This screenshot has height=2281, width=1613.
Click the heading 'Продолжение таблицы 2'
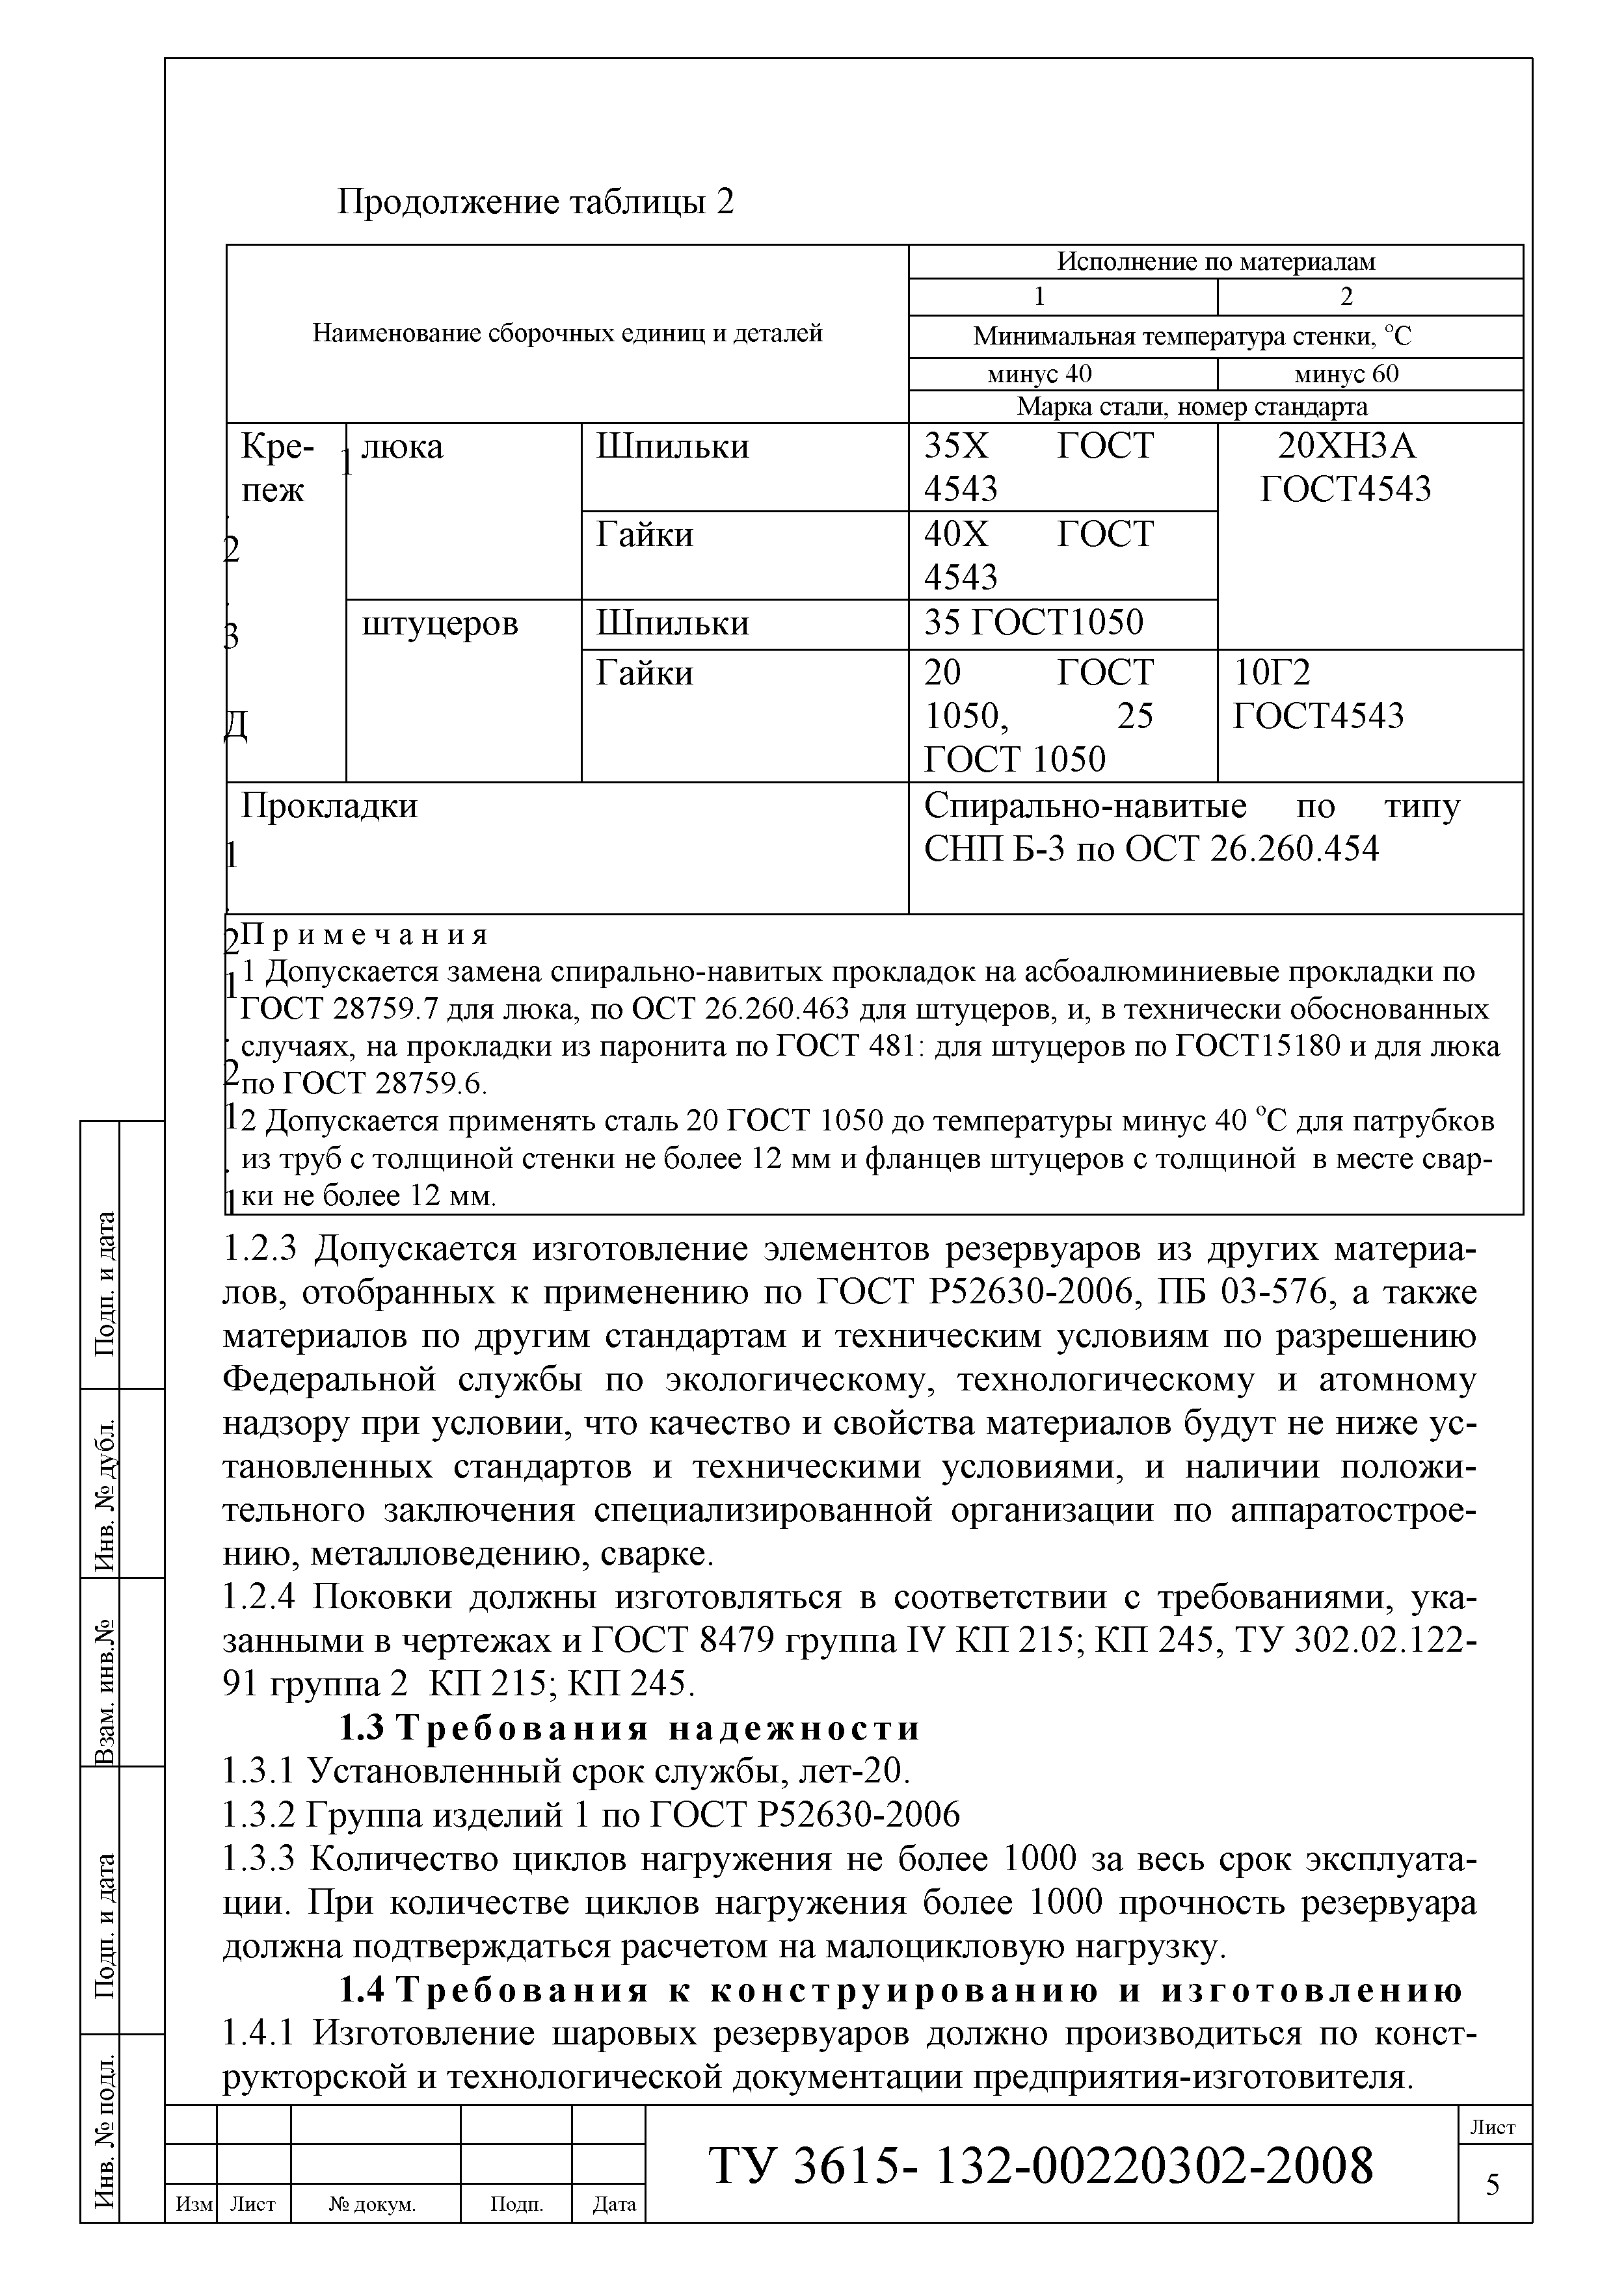coord(536,203)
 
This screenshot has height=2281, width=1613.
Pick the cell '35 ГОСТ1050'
coord(1033,623)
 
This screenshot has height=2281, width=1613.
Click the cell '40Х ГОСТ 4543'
coord(1039,555)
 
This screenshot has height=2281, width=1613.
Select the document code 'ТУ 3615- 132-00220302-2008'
coord(1041,2166)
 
